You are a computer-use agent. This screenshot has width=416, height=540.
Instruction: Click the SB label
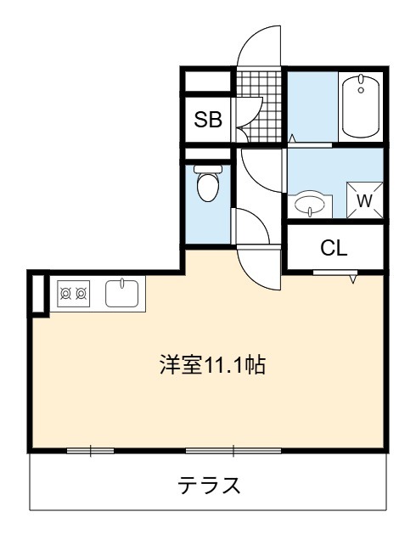[208, 120]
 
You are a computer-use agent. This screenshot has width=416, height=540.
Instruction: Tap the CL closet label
[334, 248]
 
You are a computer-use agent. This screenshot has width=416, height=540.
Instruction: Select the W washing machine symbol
[365, 200]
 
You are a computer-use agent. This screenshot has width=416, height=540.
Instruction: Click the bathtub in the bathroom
[361, 106]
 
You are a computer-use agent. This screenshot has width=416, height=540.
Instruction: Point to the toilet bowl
[208, 186]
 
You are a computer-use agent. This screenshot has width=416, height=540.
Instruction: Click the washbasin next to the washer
[310, 204]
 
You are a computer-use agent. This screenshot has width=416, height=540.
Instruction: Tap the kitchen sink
[122, 294]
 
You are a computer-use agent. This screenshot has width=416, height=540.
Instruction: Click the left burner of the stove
[65, 294]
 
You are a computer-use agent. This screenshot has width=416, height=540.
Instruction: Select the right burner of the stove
[82, 294]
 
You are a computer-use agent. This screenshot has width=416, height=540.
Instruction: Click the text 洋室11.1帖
[212, 365]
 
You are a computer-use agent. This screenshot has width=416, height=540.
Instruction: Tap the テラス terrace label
[209, 485]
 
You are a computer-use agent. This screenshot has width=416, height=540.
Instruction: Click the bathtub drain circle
[361, 90]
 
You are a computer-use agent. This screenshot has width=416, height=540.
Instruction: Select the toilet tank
[208, 169]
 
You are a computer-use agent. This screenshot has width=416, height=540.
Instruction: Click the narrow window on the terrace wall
[90, 451]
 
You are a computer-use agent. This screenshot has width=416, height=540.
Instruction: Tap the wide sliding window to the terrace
[233, 451]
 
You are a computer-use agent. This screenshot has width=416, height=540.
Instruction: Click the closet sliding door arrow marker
[353, 278]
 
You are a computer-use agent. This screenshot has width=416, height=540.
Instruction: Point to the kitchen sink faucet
[122, 283]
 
